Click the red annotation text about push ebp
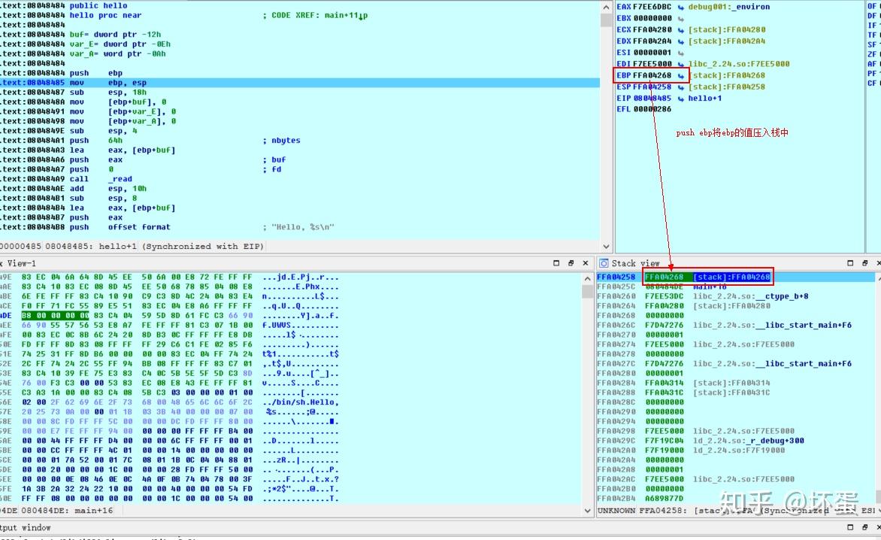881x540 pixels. [731, 132]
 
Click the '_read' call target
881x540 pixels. [120, 179]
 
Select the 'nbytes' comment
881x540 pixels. [286, 141]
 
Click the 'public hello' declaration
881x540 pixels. [98, 6]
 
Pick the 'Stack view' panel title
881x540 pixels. [635, 263]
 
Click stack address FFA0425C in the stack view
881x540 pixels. [615, 287]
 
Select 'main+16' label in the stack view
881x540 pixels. [710, 287]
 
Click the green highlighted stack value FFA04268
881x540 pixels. [664, 278]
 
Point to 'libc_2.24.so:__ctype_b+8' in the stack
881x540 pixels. [750, 296]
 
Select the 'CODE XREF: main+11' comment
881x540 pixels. [319, 16]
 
